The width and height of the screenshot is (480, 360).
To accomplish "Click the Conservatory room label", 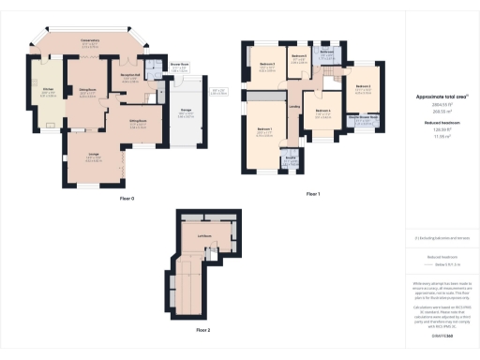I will (89, 40).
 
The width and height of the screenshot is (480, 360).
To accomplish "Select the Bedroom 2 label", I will (363, 85).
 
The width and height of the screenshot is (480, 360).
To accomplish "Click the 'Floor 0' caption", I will (127, 199).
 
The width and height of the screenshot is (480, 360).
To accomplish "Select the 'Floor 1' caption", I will (313, 193).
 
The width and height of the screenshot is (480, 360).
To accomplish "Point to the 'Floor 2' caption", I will (203, 331).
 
